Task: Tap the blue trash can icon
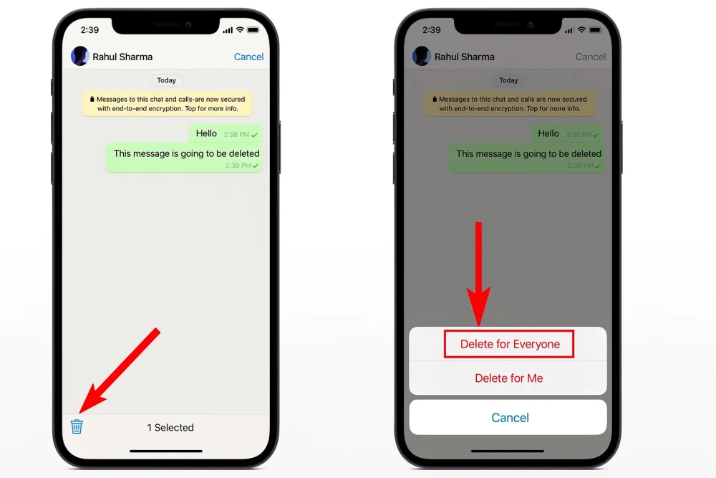pos(77,426)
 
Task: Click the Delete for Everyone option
pos(509,344)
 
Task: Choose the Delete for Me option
pos(508,378)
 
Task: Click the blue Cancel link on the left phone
pos(248,57)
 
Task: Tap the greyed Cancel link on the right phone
pos(591,57)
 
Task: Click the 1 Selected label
pos(170,428)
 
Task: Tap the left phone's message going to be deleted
pos(185,158)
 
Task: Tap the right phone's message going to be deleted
pos(528,158)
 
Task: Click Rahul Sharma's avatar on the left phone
pos(80,57)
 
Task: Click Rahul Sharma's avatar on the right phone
pos(422,57)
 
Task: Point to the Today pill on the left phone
pos(167,80)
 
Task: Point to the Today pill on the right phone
pos(508,80)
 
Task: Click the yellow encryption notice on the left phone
pos(168,104)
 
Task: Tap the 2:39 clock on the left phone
pos(89,30)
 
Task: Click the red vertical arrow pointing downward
pos(478,272)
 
